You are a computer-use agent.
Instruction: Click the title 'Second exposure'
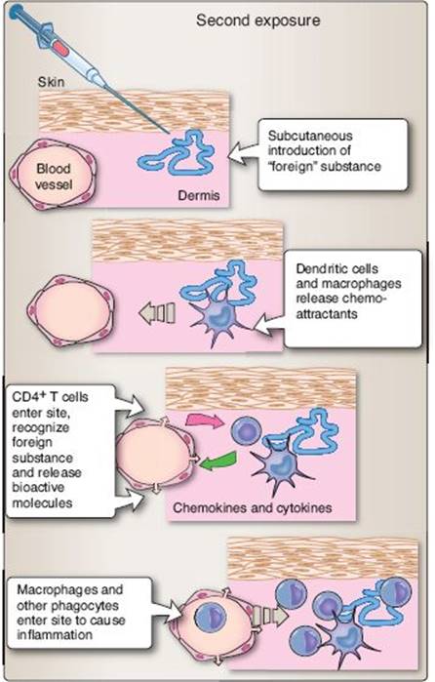257,20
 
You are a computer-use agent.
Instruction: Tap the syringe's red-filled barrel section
61,50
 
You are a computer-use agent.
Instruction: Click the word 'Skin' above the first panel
51,82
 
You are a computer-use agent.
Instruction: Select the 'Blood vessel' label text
54,177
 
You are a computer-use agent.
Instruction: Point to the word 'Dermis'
199,195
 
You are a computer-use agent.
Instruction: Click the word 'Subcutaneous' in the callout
310,136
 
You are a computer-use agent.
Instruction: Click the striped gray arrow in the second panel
157,313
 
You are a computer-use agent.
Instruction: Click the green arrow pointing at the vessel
217,461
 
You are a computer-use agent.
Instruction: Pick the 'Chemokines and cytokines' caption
253,507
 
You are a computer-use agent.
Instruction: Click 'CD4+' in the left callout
29,397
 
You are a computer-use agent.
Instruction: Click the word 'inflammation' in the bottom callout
55,634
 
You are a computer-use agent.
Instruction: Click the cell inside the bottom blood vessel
211,618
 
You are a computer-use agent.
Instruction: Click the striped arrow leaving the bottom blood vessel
270,616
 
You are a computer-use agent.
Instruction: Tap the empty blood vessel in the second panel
70,310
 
